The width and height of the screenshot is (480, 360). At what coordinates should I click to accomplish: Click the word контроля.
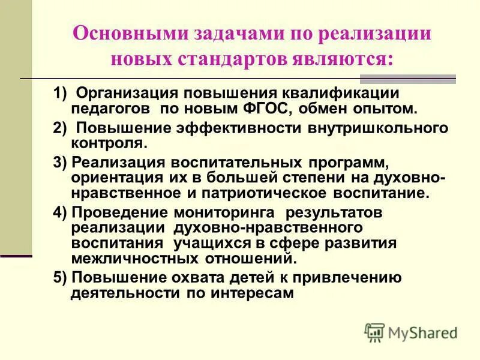107,143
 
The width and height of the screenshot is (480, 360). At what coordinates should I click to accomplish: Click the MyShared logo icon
374,332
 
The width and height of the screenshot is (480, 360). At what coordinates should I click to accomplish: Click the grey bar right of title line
407,79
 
